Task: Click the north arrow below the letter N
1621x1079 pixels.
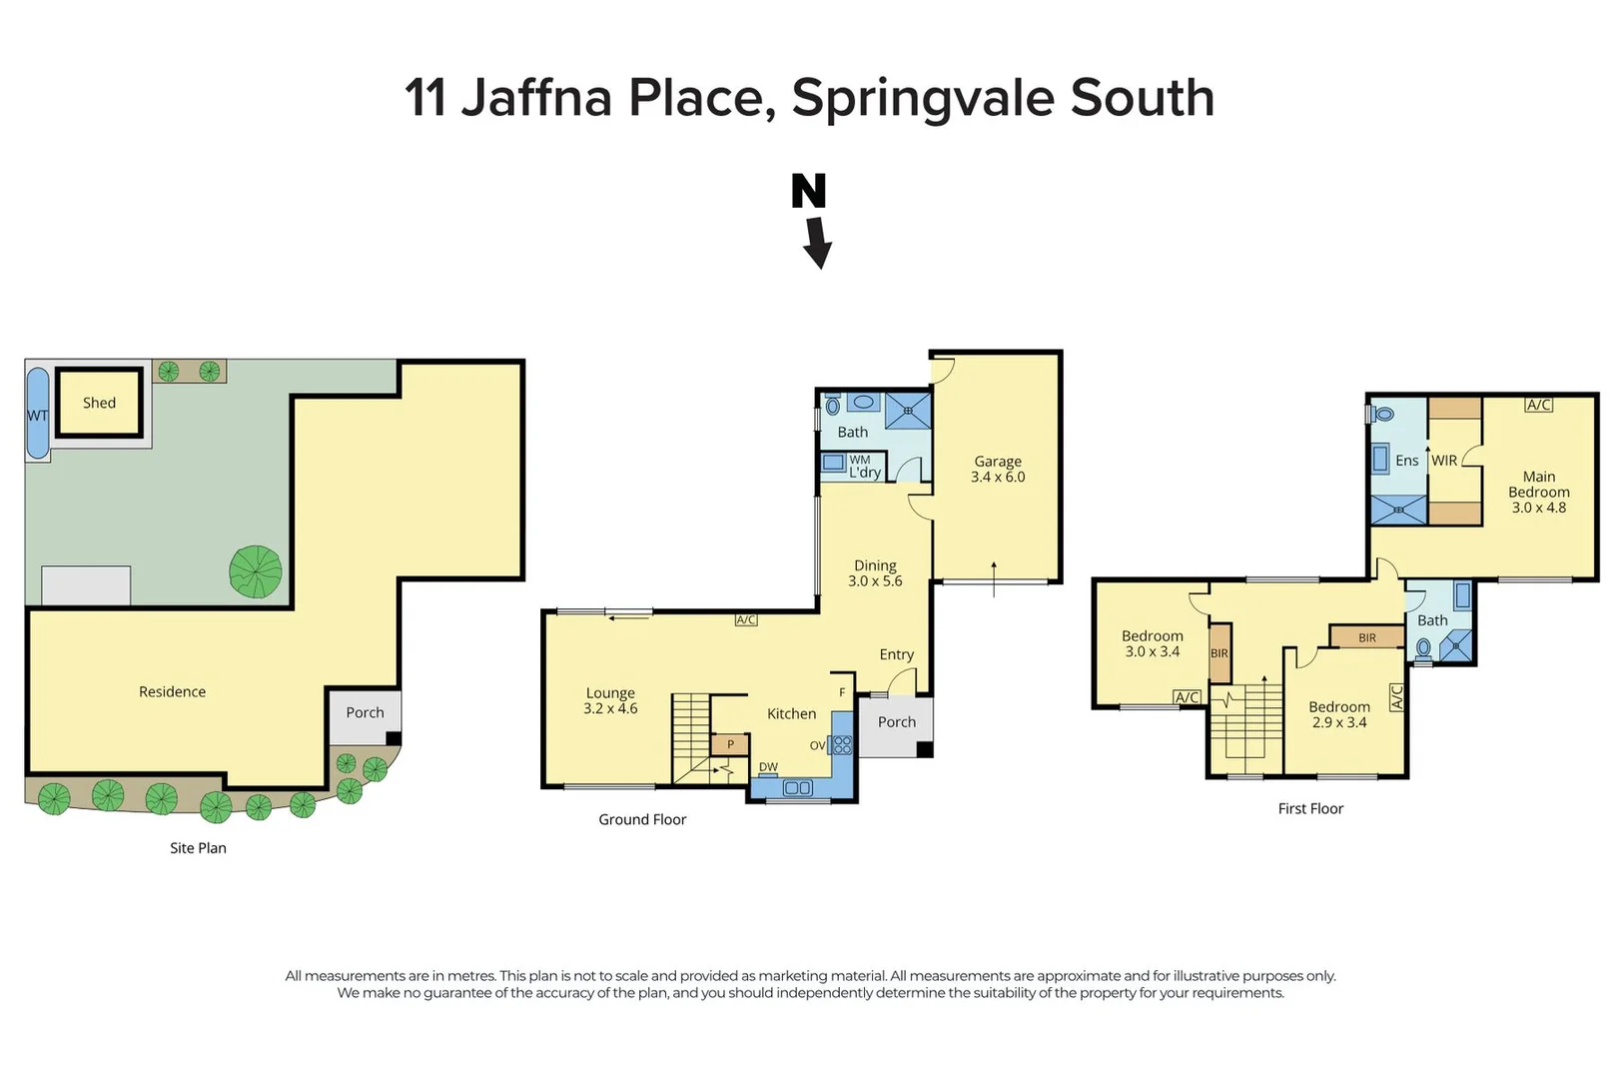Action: pyautogui.click(x=818, y=244)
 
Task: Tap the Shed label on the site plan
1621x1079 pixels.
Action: pyautogui.click(x=99, y=403)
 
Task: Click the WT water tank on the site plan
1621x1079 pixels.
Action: pyautogui.click(x=37, y=415)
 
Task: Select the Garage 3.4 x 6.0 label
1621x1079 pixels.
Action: pyautogui.click(x=998, y=469)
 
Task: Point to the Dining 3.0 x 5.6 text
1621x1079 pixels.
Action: pyautogui.click(x=875, y=572)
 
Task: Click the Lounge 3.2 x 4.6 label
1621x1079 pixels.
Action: pyautogui.click(x=610, y=700)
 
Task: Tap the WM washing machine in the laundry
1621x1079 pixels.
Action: pyautogui.click(x=834, y=463)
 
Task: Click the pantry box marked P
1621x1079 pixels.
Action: pyautogui.click(x=730, y=744)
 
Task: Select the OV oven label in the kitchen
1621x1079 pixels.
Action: pyautogui.click(x=817, y=745)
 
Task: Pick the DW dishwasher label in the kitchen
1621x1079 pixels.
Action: pyautogui.click(x=768, y=767)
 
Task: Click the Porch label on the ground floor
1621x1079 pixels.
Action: pyautogui.click(x=897, y=721)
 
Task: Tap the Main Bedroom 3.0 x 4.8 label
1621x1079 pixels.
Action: pyautogui.click(x=1538, y=492)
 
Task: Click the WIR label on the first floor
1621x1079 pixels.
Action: pyautogui.click(x=1443, y=461)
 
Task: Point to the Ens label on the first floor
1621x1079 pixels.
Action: pyautogui.click(x=1406, y=461)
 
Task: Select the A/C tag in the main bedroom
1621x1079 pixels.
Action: pyautogui.click(x=1538, y=405)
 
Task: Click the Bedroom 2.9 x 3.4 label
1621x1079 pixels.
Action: pyautogui.click(x=1338, y=714)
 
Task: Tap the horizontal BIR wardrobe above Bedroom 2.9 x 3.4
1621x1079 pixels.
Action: pyautogui.click(x=1366, y=637)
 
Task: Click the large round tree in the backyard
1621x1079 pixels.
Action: pyautogui.click(x=256, y=571)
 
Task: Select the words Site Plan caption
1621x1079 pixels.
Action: pyautogui.click(x=198, y=847)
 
